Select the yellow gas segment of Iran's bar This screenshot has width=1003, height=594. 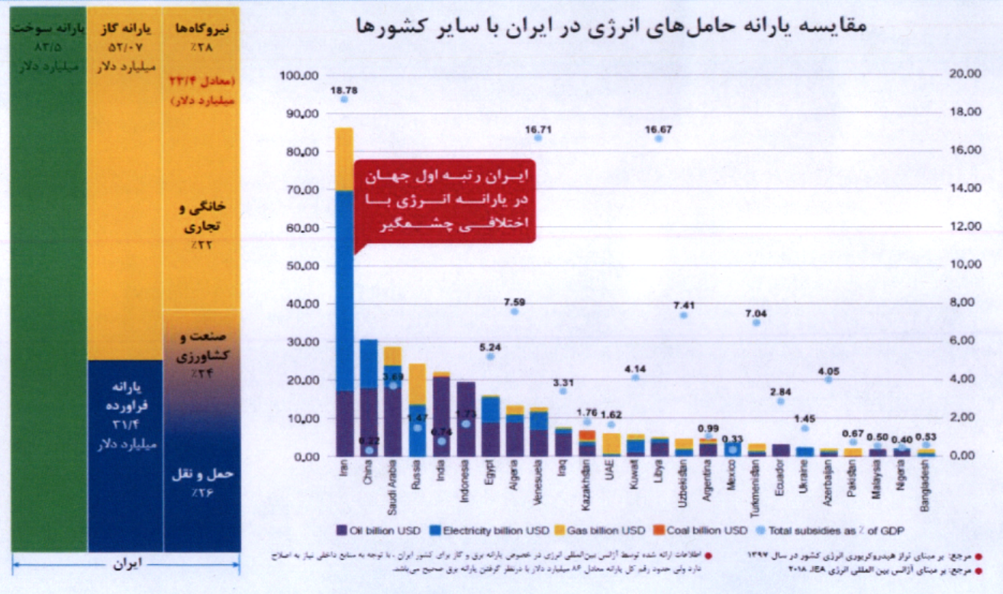(344, 159)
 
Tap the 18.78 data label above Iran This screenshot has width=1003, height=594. (344, 90)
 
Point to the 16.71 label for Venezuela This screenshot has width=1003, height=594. (538, 128)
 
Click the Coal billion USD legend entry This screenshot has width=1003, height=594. (701, 530)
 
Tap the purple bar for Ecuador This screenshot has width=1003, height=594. (781, 450)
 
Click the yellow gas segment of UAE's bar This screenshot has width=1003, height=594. (611, 444)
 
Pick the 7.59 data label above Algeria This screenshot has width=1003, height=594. (514, 302)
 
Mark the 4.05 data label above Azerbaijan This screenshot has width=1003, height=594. (828, 371)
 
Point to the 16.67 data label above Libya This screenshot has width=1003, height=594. (659, 129)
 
